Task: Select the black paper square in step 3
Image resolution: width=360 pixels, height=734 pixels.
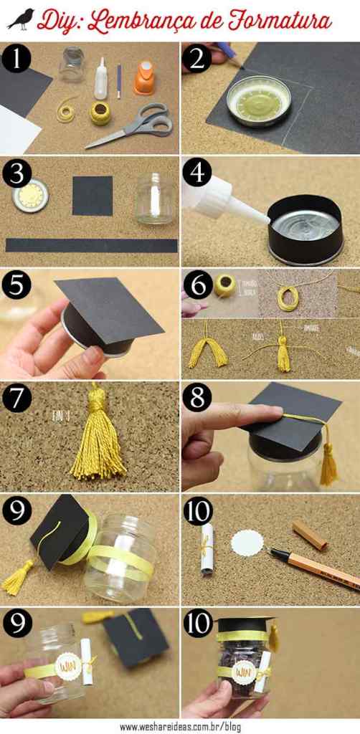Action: [92, 196]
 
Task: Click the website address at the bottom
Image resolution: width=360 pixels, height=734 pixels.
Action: [179, 725]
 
